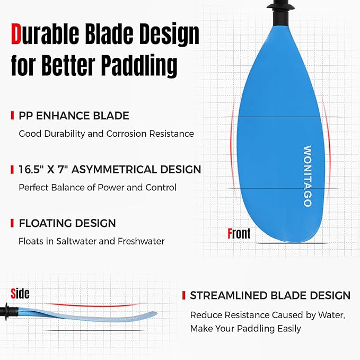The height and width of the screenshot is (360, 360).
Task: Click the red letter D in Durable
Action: [x=17, y=35]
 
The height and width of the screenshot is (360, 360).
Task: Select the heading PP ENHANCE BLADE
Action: [x=74, y=116]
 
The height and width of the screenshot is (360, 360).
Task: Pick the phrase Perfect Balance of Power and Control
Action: [x=98, y=187]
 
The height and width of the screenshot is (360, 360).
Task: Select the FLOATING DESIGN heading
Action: [x=67, y=223]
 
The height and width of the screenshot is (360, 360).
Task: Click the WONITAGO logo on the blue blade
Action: [x=307, y=177]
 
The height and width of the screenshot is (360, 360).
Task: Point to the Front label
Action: [x=239, y=233]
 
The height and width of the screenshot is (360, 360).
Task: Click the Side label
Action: [x=20, y=293]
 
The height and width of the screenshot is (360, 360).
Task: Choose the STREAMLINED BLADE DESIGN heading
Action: [x=270, y=295]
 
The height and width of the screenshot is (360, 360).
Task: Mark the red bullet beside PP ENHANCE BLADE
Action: [x=12, y=116]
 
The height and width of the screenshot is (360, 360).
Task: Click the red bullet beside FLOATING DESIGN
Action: [x=12, y=223]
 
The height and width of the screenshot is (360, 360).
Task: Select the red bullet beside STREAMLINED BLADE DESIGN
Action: [x=183, y=295]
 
